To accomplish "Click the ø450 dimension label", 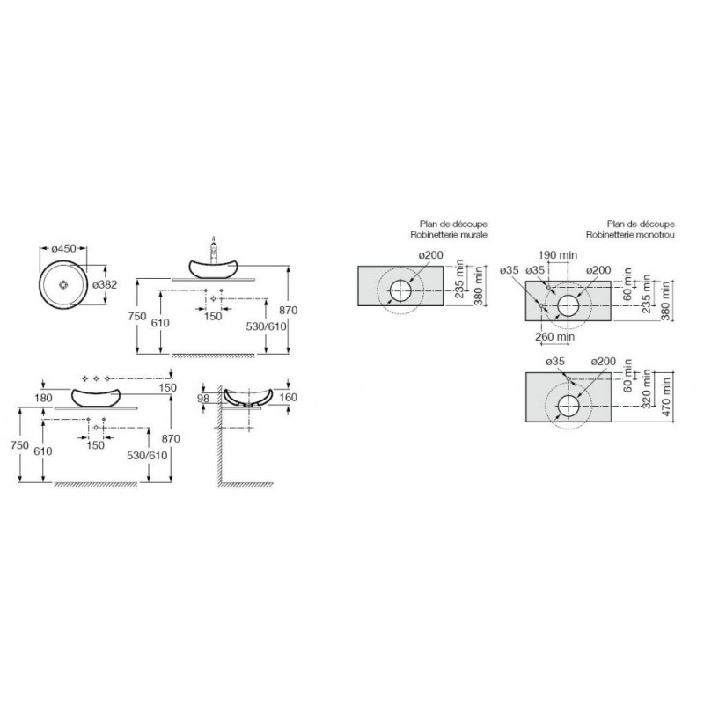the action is [x=63, y=248].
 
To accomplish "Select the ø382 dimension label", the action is [x=105, y=284].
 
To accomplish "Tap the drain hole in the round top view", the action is [x=63, y=284].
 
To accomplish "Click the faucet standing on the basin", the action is [x=214, y=249].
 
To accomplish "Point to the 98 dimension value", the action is [x=203, y=399].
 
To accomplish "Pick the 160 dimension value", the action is [x=288, y=398].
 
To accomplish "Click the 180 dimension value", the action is [x=43, y=398].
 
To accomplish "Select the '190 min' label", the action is [x=558, y=255].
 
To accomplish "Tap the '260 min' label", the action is [x=555, y=336].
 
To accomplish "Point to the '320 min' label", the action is [x=647, y=389].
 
